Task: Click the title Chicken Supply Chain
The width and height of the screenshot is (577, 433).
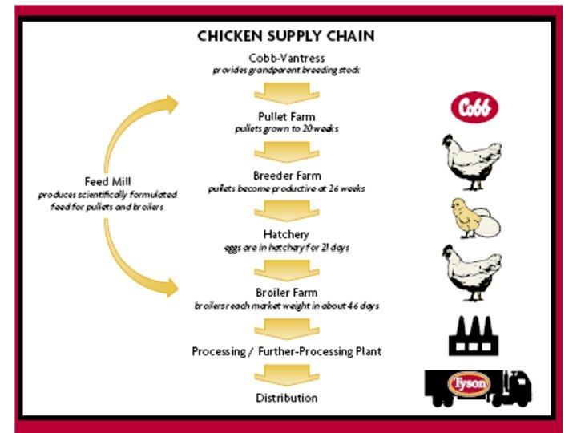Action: pos(286,36)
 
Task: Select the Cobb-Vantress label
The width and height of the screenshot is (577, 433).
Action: pos(286,58)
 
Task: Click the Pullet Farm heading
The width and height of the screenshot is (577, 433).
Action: pos(286,117)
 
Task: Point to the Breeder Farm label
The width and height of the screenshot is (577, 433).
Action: pos(286,176)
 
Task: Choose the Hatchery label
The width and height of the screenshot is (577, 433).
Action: pos(286,235)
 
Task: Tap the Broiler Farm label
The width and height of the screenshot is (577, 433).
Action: pos(286,293)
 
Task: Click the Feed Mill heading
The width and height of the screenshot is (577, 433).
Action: pos(107,181)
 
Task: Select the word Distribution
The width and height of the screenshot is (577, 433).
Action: pos(286,399)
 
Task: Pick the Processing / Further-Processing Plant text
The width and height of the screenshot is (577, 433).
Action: pos(286,352)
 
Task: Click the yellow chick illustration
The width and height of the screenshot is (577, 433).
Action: pos(466,217)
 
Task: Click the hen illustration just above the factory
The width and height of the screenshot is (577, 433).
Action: pos(472,273)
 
